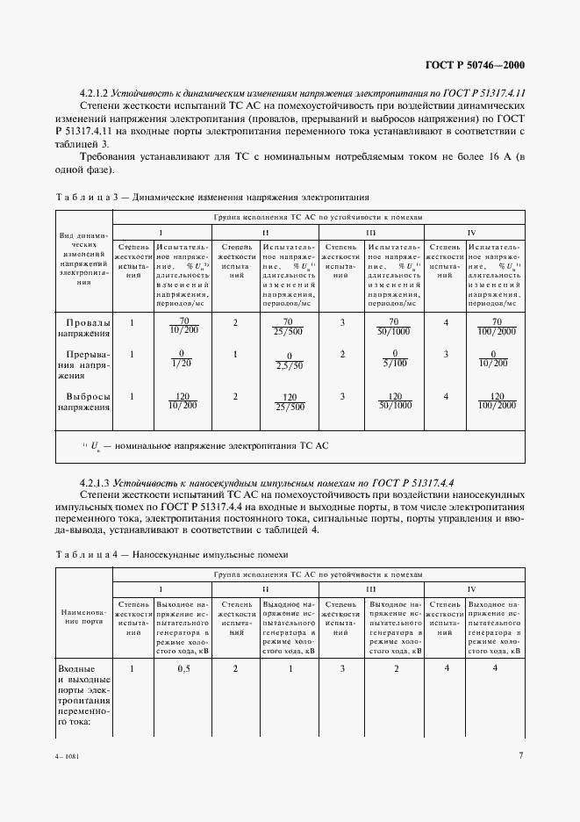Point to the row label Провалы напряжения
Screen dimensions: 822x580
(x=84, y=328)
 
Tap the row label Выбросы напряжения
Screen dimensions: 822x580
(x=84, y=401)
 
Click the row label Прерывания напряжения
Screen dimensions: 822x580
(x=84, y=361)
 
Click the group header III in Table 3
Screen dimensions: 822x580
(x=371, y=232)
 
